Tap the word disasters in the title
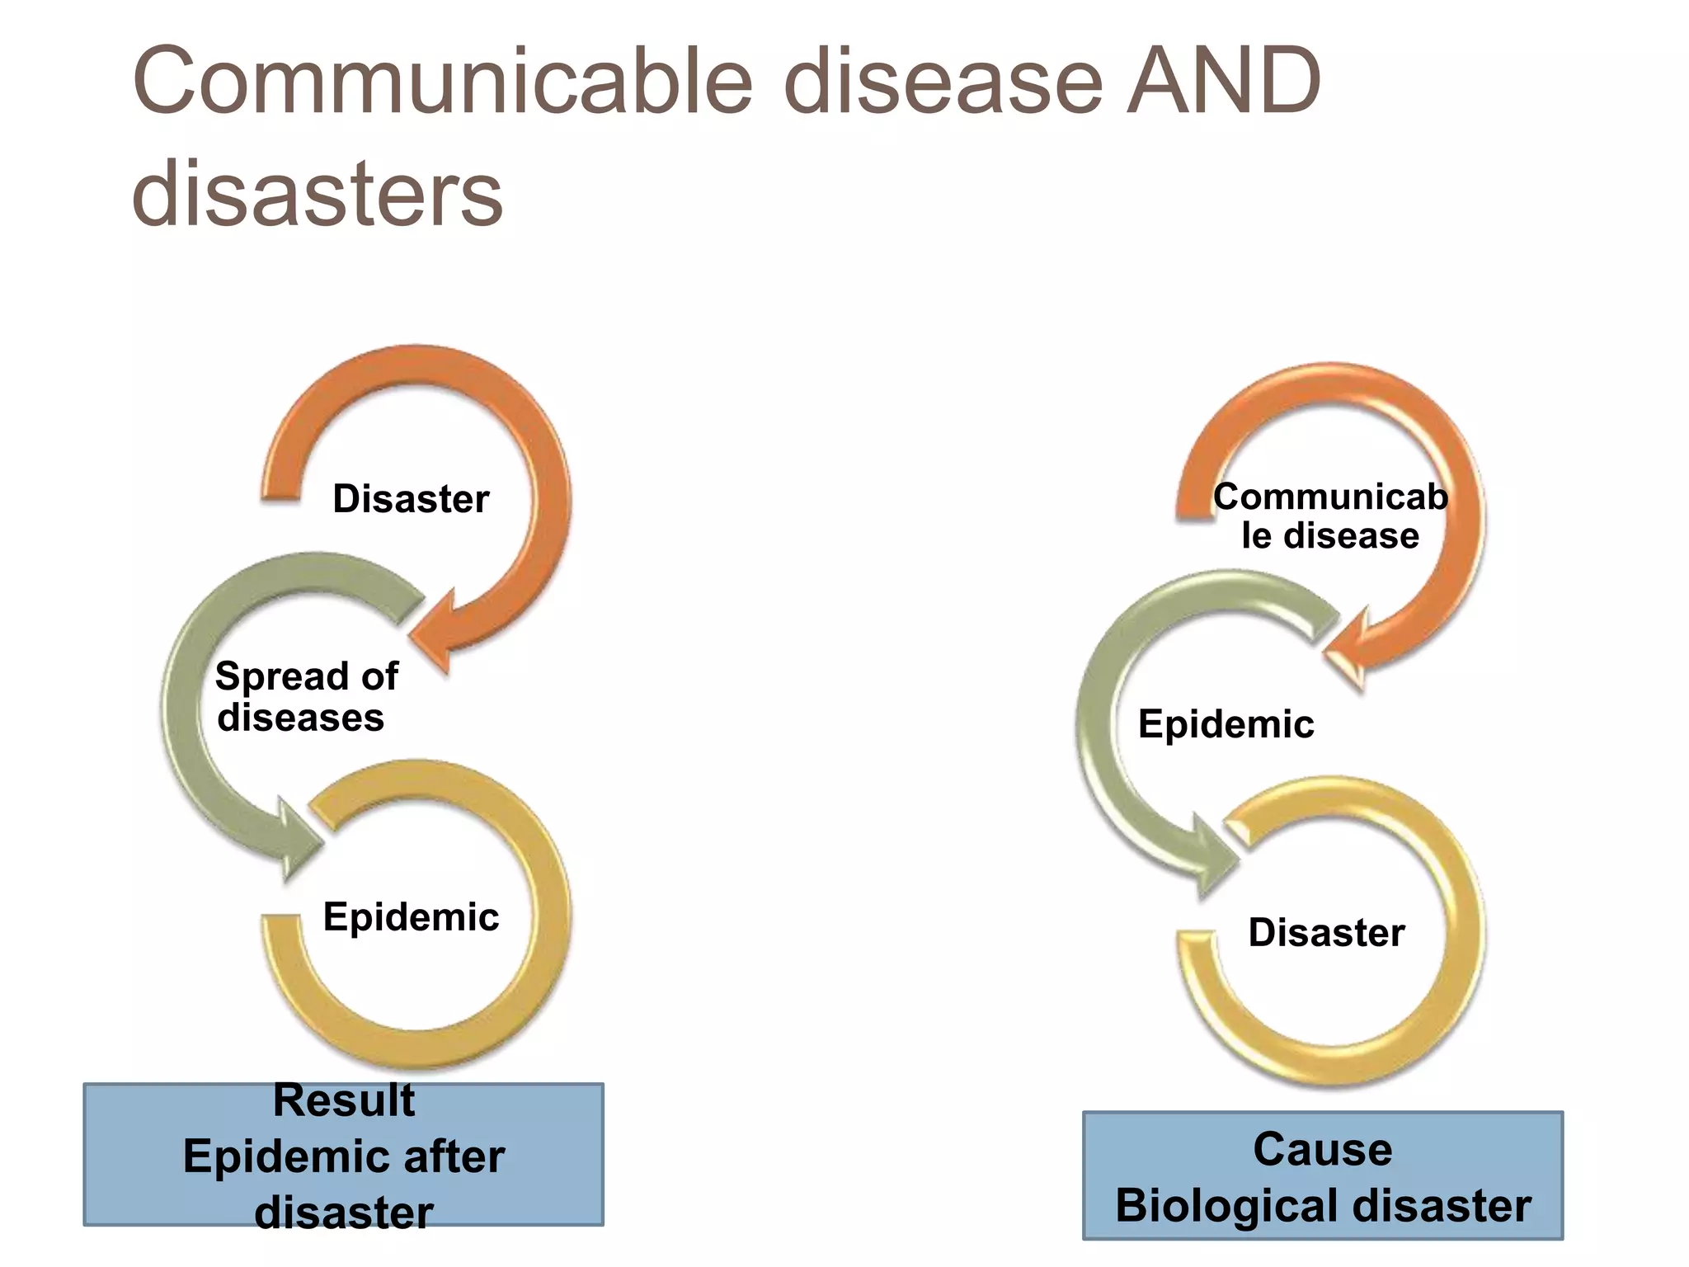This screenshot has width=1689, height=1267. coord(317,195)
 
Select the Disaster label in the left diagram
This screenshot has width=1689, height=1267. coord(411,499)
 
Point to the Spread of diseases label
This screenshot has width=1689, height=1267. coord(305,697)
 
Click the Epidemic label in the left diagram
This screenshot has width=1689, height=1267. coord(411,916)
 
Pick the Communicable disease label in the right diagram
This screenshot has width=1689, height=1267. coord(1329,516)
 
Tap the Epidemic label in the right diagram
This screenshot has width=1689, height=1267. coord(1226,724)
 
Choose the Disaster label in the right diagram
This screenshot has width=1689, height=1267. coord(1326,933)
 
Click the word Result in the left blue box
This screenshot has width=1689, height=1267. coord(344,1100)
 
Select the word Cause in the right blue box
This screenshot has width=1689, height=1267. coord(1323,1149)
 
